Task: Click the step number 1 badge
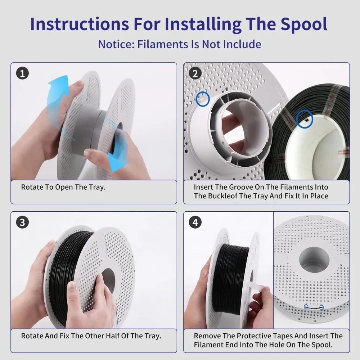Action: tap(22, 73)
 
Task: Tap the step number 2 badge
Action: tap(195, 73)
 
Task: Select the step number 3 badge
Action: tap(22, 222)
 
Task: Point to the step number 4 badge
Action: tap(195, 222)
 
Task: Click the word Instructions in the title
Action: tap(80, 24)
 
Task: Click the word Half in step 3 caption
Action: tap(111, 336)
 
